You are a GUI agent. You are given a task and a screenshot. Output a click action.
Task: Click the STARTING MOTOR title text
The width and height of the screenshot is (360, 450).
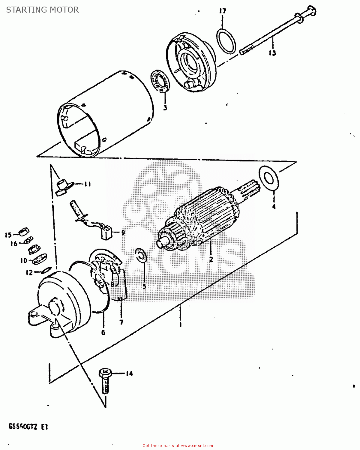(42, 10)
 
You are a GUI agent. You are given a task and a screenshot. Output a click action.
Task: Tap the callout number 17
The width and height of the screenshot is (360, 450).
(222, 11)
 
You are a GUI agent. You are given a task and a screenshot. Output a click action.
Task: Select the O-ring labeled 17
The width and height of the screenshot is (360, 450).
(226, 41)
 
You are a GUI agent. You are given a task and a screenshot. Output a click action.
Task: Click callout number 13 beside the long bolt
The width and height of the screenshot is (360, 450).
(272, 53)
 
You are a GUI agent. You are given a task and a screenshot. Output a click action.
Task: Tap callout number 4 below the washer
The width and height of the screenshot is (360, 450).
(274, 206)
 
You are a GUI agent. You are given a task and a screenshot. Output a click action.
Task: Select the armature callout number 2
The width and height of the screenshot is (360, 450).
(211, 259)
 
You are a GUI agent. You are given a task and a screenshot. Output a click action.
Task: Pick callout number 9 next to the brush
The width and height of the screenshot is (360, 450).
(123, 232)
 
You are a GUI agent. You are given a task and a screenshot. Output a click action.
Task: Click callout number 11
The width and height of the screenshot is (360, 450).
(87, 184)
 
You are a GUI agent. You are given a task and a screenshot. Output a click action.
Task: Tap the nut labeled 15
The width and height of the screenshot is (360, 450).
(24, 232)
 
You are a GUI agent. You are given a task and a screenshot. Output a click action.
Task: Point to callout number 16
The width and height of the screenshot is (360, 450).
(14, 244)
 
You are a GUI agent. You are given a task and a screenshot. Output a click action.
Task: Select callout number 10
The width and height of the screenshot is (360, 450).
(24, 261)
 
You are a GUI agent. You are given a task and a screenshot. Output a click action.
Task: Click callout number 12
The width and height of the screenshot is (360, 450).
(29, 273)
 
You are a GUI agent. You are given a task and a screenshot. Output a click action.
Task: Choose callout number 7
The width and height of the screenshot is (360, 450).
(121, 322)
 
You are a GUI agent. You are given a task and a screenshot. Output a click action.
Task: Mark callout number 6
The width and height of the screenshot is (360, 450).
(103, 332)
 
